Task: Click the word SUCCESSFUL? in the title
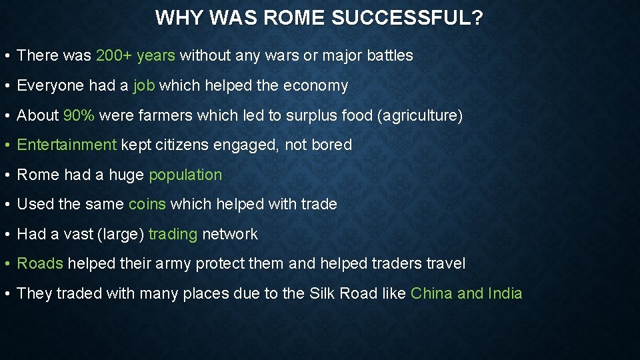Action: coord(407,18)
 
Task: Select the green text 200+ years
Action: coord(135,56)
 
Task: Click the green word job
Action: coord(144,86)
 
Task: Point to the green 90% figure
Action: coord(79,115)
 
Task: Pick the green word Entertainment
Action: coord(67,145)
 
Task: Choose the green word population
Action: coord(185,175)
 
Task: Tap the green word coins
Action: coord(147,205)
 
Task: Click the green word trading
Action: coord(173,235)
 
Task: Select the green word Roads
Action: coord(40,264)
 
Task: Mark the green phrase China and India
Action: coord(466,294)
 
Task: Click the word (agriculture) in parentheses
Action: coord(420,116)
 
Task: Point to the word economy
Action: coord(315,86)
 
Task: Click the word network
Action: coord(230,235)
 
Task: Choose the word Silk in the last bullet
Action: coord(324,294)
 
